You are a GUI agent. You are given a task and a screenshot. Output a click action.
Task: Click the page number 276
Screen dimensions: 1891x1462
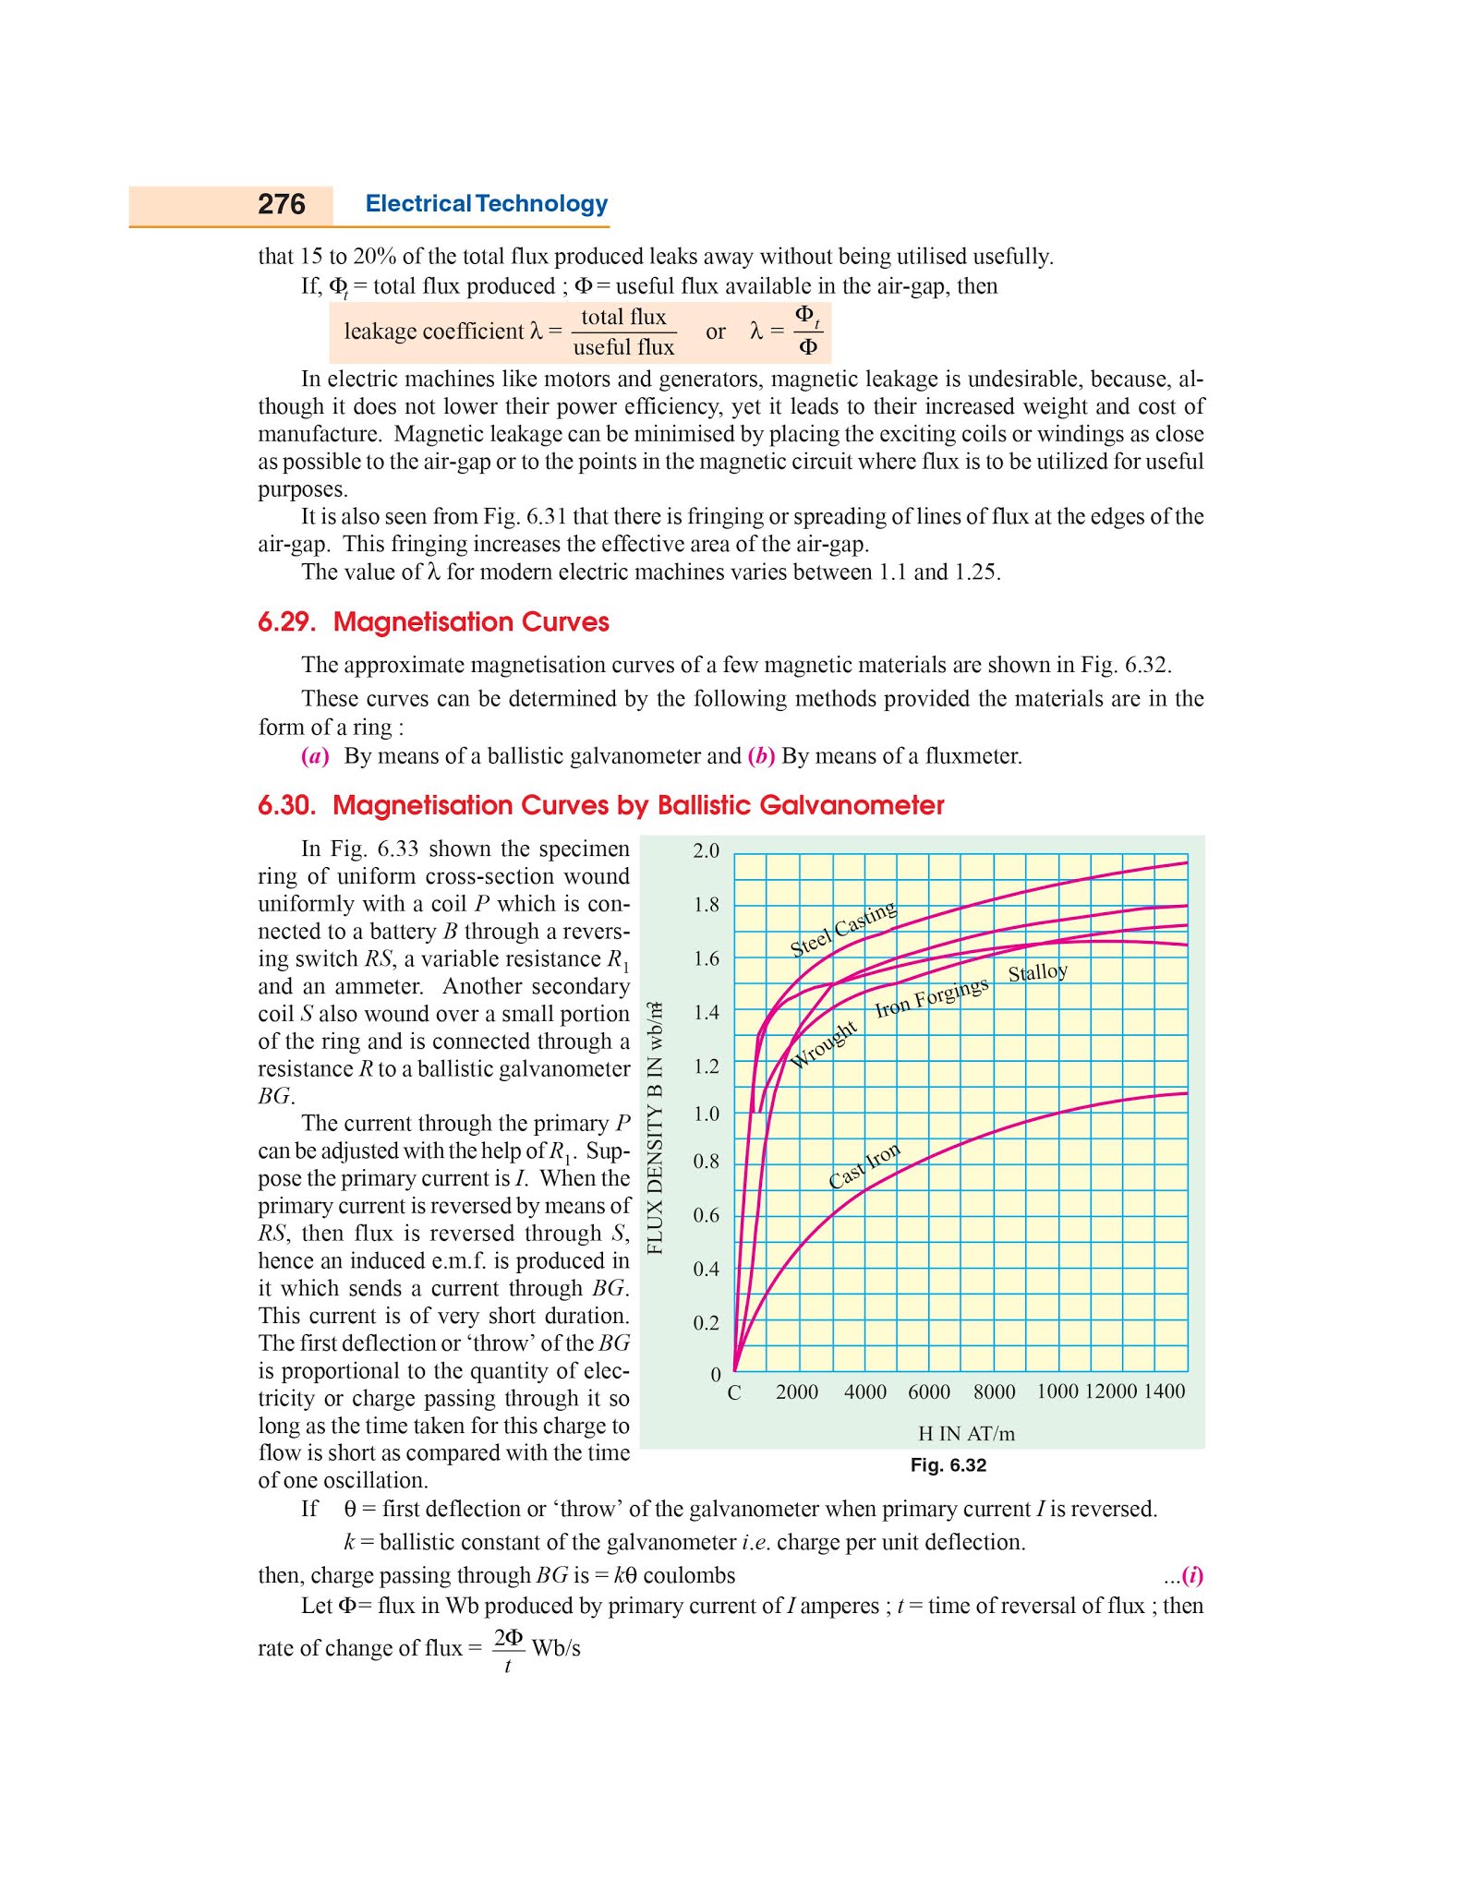pyautogui.click(x=281, y=204)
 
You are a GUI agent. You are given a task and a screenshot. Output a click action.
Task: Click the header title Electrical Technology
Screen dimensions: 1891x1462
pyautogui.click(x=486, y=204)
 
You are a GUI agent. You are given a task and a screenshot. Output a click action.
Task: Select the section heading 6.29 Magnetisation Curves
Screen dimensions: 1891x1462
pyautogui.click(x=433, y=622)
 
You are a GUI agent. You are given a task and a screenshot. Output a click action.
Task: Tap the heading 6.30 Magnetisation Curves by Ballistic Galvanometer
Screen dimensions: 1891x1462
pyautogui.click(x=600, y=805)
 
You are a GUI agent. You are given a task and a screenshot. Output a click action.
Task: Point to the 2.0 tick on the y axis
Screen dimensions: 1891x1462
pyautogui.click(x=706, y=850)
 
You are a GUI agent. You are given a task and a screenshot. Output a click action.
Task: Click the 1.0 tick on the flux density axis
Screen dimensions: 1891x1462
pyautogui.click(x=706, y=1114)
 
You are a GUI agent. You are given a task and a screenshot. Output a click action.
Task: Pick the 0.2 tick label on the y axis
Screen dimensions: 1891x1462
pyautogui.click(x=706, y=1323)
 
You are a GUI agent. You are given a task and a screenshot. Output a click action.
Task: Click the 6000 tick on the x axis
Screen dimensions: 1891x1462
pyautogui.click(x=928, y=1392)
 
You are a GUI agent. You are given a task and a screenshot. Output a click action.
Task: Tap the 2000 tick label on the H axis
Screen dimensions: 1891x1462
pyautogui.click(x=796, y=1392)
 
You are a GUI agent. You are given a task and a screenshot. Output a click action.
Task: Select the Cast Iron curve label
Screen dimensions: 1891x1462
pyautogui.click(x=864, y=1166)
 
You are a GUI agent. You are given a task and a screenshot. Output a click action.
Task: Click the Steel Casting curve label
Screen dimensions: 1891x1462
pyautogui.click(x=842, y=929)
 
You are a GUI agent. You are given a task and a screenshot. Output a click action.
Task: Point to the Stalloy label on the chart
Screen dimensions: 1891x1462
pyautogui.click(x=1037, y=972)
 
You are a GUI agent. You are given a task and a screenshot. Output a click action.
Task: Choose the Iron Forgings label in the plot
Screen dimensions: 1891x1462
pyautogui.click(x=931, y=997)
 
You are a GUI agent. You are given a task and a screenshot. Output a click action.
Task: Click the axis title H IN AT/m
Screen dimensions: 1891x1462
pyautogui.click(x=966, y=1434)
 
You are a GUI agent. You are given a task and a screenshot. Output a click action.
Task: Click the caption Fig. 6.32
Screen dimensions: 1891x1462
pyautogui.click(x=948, y=1465)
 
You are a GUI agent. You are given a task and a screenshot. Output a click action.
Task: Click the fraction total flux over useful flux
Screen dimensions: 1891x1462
pyautogui.click(x=623, y=331)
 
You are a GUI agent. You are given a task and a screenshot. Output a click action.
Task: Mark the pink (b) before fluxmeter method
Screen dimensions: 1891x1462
pyautogui.click(x=761, y=756)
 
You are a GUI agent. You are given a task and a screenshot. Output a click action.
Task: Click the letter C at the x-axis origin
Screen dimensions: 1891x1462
pyautogui.click(x=734, y=1393)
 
